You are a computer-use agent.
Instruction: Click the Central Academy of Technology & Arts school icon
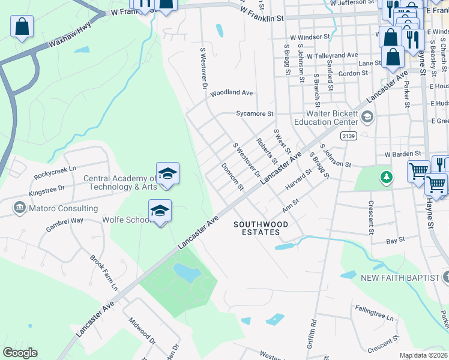167,173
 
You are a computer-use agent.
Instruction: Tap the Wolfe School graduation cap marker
160,211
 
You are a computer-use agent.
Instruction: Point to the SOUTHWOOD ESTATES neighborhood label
261,229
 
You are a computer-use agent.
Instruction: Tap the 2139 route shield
348,136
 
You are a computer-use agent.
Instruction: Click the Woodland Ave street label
231,93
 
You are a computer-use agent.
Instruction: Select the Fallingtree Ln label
373,317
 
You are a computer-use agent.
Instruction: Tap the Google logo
20,353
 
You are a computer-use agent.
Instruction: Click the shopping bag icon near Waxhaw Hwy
22,27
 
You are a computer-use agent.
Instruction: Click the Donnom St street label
232,176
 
